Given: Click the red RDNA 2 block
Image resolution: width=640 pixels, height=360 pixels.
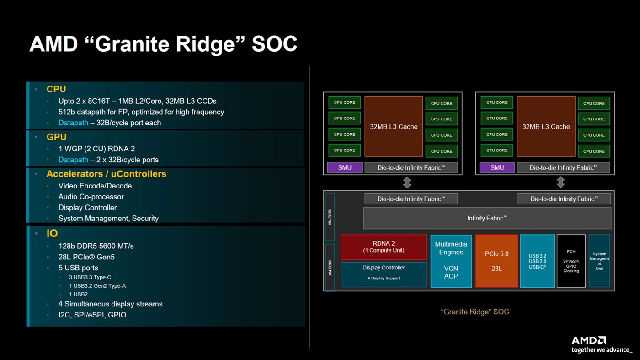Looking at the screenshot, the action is click(x=384, y=247).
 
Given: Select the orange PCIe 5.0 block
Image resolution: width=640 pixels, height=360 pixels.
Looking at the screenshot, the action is click(x=496, y=261).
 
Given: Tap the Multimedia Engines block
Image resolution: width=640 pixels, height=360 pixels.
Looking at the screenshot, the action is click(x=451, y=261).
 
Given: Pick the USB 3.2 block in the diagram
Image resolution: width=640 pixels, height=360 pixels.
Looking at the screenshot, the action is click(x=537, y=261).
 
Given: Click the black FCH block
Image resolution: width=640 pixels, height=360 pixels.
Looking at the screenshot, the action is click(x=571, y=261).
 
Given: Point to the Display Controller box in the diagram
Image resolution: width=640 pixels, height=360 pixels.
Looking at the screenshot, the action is click(x=384, y=274).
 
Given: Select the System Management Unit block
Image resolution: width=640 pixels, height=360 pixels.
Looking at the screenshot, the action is click(x=599, y=261).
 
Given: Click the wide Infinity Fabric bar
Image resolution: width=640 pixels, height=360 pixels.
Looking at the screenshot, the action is click(x=487, y=218).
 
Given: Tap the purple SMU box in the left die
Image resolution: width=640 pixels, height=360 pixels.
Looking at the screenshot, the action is click(x=345, y=167).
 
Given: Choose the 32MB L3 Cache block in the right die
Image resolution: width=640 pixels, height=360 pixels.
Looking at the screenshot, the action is click(x=546, y=126).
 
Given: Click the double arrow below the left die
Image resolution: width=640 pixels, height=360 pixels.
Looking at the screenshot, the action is click(x=407, y=183).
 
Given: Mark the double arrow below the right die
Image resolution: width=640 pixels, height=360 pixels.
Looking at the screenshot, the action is click(x=560, y=182).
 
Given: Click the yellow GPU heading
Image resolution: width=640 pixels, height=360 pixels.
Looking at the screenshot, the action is click(x=57, y=137).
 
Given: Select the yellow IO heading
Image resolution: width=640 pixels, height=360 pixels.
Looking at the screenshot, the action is click(x=52, y=233).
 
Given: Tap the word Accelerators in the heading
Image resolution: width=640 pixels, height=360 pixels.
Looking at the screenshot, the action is click(x=75, y=174).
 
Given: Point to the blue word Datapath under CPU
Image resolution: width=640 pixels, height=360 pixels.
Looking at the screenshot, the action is click(x=73, y=123).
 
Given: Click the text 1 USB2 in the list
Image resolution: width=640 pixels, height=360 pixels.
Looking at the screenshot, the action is click(x=78, y=294).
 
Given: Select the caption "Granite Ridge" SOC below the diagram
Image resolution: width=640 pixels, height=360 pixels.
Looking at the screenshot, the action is click(x=475, y=312).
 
